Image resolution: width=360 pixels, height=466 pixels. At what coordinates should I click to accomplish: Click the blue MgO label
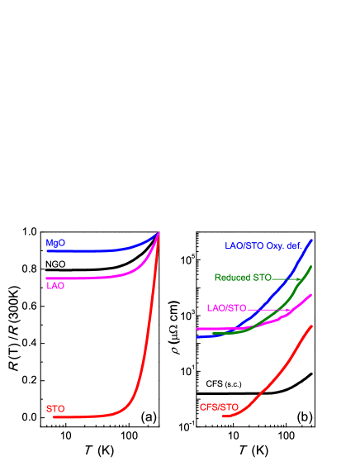(55, 244)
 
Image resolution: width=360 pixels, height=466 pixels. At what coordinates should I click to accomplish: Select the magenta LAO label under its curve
(55, 286)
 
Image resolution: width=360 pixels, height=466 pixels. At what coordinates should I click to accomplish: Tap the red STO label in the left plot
(55, 409)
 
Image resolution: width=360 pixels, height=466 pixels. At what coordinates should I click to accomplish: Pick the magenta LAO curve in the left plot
(91, 278)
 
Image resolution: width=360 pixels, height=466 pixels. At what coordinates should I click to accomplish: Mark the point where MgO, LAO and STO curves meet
(159, 233)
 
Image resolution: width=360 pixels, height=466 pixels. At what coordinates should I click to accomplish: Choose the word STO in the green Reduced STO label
(263, 278)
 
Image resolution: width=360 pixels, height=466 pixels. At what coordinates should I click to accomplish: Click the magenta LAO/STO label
(226, 308)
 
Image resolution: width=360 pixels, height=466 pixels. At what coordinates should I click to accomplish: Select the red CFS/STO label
(219, 407)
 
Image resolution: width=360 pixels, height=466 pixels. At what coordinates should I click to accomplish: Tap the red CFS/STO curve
(272, 380)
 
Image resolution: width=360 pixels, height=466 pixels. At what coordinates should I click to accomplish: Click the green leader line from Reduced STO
(286, 278)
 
